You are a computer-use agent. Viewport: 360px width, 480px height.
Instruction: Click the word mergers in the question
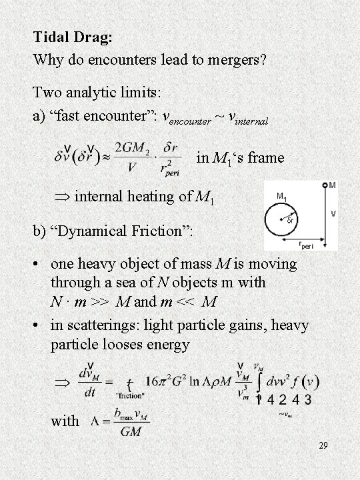point(233,59)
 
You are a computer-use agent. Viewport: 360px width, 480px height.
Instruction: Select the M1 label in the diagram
point(281,196)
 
